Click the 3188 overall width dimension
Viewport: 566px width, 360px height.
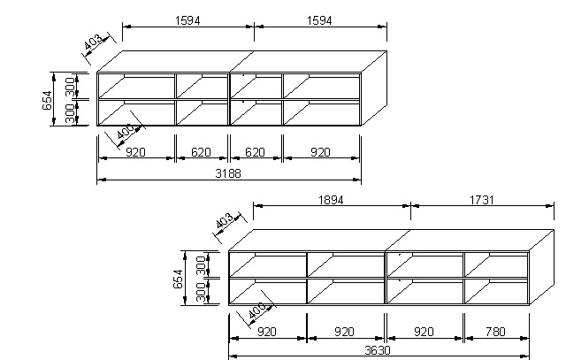228,173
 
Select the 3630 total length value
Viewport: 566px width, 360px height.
378,350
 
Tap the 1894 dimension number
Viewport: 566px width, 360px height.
331,200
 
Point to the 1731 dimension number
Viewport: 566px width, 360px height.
481,200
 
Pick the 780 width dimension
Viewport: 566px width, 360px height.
495,332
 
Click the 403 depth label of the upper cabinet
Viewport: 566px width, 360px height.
93,42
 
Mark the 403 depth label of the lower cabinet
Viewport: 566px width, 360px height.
225,221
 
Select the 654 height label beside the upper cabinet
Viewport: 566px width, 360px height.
47,100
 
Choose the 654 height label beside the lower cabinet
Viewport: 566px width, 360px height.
179,279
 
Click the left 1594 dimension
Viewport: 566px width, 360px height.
187,20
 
